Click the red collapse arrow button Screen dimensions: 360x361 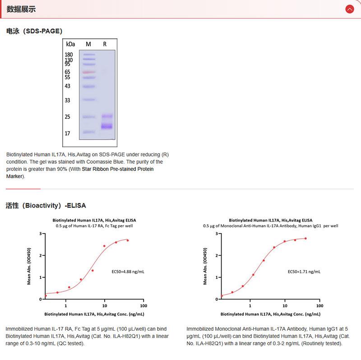coord(349,9)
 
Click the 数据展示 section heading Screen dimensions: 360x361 coord(21,9)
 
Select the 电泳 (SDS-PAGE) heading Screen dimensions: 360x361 coord(34,31)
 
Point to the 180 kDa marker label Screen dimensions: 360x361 coord(69,55)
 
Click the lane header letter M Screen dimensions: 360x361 coord(88,44)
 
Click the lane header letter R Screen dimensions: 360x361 coord(105,44)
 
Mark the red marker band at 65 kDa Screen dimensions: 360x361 coord(89,72)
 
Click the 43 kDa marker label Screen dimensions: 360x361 coord(68,86)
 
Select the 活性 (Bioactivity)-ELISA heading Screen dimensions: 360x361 coord(46,205)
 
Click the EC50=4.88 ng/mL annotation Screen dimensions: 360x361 coord(128,272)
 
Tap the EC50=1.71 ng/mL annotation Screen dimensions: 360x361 coord(304,272)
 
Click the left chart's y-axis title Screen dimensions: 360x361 coord(29,266)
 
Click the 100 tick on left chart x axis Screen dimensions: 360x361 coord(143,305)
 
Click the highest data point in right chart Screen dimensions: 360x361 coord(305,238)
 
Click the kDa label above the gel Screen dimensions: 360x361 coord(70,44)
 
